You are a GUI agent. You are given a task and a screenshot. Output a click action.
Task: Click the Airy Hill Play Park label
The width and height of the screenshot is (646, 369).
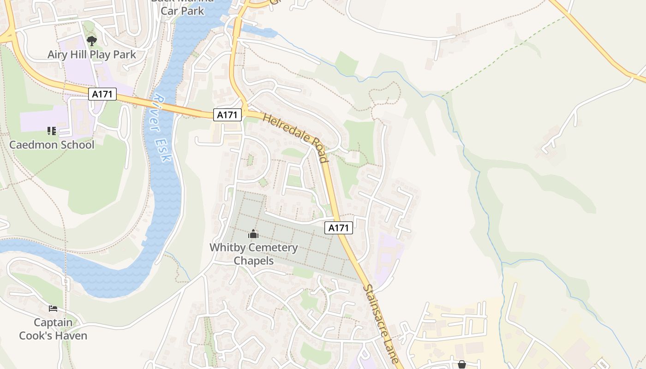(x=92, y=54)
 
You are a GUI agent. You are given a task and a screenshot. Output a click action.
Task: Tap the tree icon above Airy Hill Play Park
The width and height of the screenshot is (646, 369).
(x=92, y=41)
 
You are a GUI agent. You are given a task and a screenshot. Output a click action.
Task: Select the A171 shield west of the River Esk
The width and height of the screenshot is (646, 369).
(x=102, y=94)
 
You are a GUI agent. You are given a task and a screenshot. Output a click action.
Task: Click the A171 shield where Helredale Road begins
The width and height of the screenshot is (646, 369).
(x=227, y=115)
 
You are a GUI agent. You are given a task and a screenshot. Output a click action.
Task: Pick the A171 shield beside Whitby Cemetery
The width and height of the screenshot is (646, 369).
(x=339, y=228)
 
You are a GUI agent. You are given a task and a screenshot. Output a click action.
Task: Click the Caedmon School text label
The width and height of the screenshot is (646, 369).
(x=52, y=145)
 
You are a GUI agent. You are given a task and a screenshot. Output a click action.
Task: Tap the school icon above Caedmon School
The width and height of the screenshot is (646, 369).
(x=52, y=131)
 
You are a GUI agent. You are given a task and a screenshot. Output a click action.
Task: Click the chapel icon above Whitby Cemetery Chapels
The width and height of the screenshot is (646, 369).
(x=253, y=234)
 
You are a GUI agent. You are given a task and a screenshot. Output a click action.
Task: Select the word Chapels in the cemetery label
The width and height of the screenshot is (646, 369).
(x=253, y=261)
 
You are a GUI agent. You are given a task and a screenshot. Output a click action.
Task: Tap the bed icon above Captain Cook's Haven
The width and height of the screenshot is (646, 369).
(x=53, y=309)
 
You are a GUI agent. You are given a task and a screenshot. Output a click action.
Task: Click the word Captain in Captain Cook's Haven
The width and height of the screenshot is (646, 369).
(x=53, y=322)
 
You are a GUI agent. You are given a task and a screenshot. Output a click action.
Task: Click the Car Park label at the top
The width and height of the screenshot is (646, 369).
(x=182, y=11)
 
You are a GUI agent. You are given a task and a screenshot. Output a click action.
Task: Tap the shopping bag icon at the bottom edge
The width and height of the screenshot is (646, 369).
(x=462, y=365)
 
